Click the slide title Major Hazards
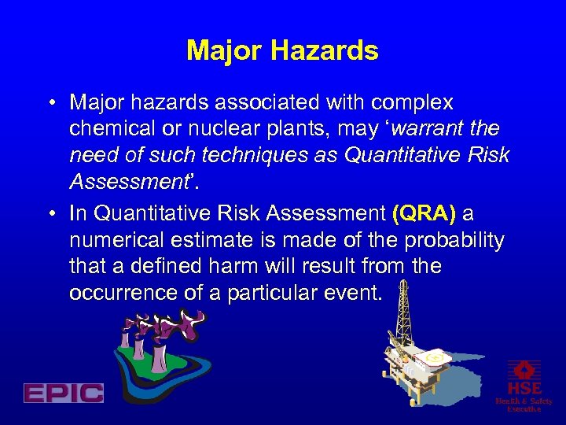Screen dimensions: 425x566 (x=282, y=51)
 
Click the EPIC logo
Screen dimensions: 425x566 (x=64, y=392)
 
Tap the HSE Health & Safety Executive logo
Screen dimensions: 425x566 (x=524, y=385)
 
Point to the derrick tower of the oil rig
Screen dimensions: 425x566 (x=402, y=315)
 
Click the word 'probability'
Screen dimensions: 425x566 (x=460, y=241)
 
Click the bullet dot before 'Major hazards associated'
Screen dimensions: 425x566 (x=50, y=104)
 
